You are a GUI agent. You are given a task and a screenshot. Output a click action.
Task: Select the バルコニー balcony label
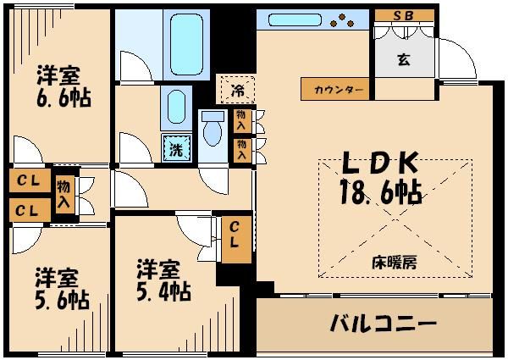click(383, 324)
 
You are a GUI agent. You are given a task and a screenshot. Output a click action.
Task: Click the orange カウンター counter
click(336, 89)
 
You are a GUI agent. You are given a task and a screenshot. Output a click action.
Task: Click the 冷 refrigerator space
click(237, 88)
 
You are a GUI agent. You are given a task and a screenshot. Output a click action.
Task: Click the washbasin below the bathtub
click(175, 105)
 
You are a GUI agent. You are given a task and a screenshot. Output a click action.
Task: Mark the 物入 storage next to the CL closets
click(63, 193)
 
